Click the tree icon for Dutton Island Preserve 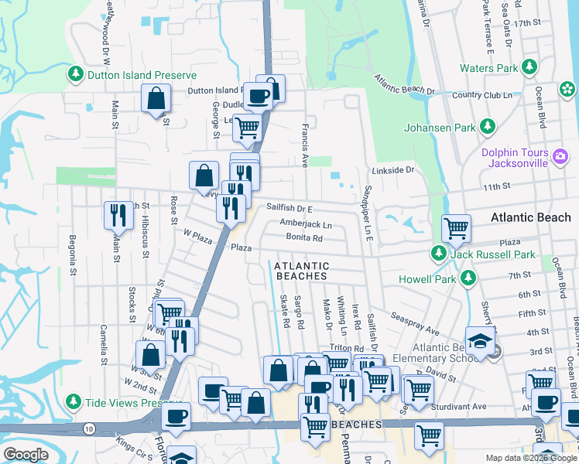pyautogui.click(x=76, y=75)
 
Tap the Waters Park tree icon pyautogui.click(x=529, y=68)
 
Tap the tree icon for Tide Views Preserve pyautogui.click(x=74, y=402)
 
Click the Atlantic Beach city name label pyautogui.click(x=530, y=218)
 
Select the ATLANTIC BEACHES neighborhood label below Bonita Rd pyautogui.click(x=301, y=271)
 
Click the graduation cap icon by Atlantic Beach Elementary pyautogui.click(x=480, y=340)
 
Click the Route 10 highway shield pyautogui.click(x=90, y=428)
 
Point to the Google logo pyautogui.click(x=26, y=455)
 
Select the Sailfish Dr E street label pyautogui.click(x=289, y=209)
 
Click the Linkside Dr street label pyautogui.click(x=393, y=169)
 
